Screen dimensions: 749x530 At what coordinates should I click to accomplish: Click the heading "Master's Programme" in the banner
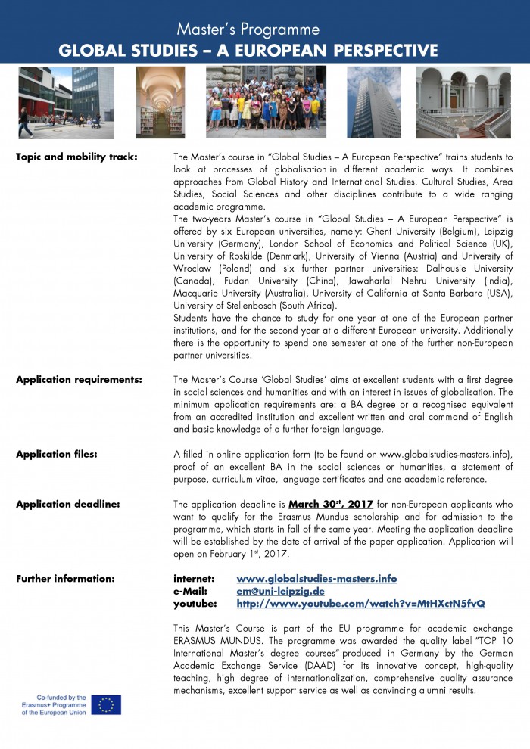tap(248, 30)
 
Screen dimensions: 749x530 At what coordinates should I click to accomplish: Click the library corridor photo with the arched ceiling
tap(160, 102)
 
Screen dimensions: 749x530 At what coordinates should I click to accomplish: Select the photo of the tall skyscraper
tap(373, 102)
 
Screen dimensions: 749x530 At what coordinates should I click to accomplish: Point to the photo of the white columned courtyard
tap(463, 102)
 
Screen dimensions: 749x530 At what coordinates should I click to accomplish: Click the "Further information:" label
tap(65, 579)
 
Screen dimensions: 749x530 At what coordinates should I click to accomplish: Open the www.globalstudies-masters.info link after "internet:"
tap(316, 579)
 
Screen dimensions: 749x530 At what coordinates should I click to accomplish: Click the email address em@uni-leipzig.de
tap(280, 591)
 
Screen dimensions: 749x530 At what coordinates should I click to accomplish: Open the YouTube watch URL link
tap(360, 604)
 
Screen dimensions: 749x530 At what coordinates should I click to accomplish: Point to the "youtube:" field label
tap(195, 604)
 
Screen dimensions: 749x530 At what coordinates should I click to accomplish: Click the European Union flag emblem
tap(106, 704)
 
